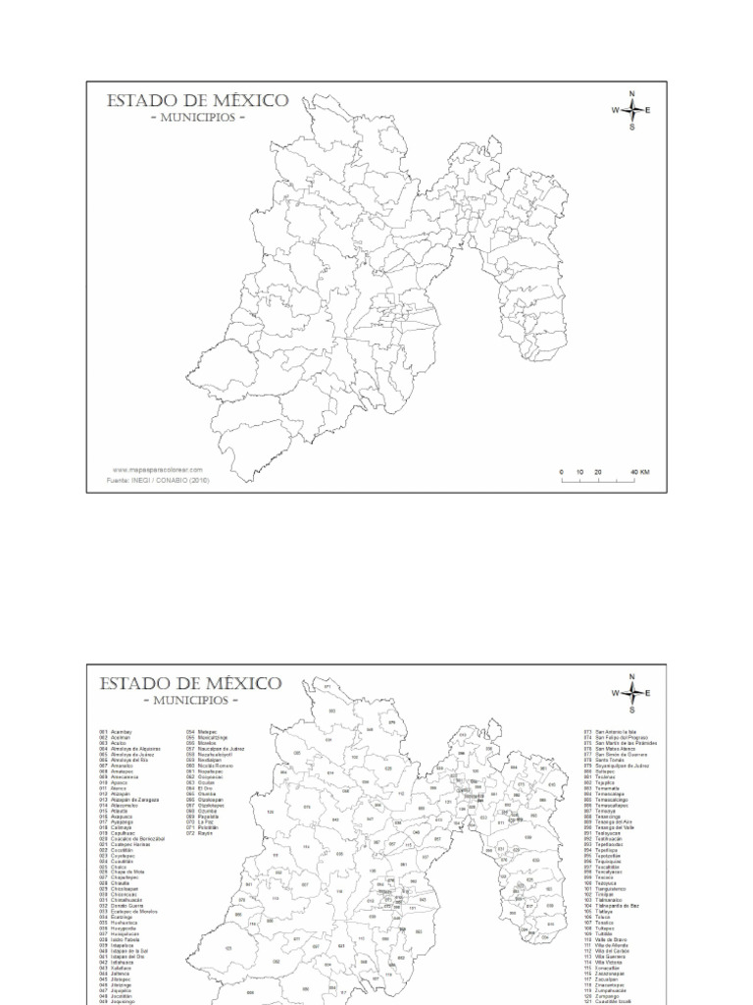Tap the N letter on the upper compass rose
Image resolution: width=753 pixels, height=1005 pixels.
coord(632,93)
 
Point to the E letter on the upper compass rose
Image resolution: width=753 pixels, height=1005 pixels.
coord(648,110)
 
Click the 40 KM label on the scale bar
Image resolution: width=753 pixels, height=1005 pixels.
coord(640,472)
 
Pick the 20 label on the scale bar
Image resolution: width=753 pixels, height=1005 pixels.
coord(598,472)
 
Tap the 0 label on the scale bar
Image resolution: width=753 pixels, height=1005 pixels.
coord(563,472)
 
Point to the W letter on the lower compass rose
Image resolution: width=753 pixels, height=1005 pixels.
coord(616,693)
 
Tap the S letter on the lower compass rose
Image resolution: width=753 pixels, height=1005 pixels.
coord(632,709)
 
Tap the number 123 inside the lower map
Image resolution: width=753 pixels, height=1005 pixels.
coord(227,948)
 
